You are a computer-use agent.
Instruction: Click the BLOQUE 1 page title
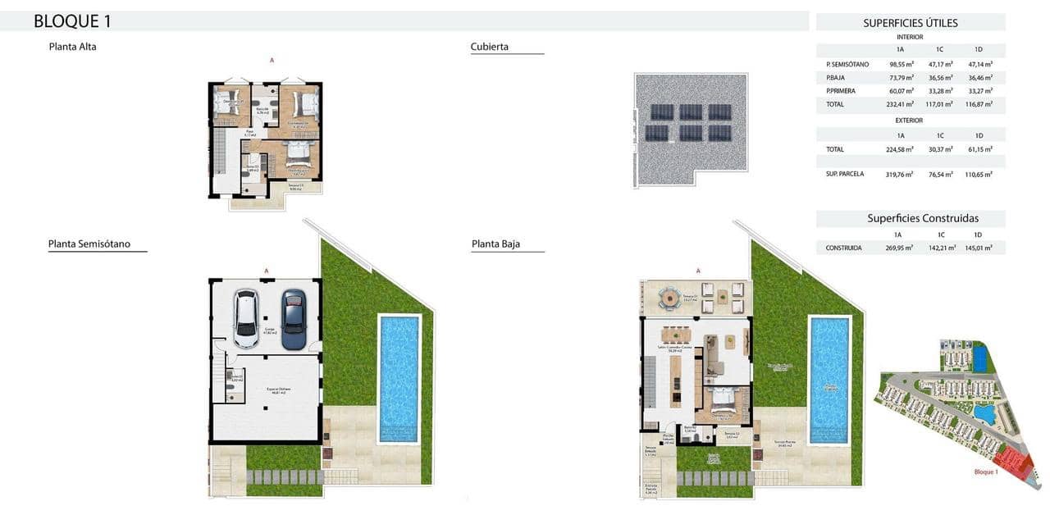point(72,21)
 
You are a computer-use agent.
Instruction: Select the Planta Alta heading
point(72,47)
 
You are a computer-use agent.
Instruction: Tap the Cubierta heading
point(490,47)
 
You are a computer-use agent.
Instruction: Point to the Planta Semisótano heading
point(89,244)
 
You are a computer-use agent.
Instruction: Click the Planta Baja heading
point(495,244)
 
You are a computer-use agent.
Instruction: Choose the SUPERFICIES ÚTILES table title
point(911,23)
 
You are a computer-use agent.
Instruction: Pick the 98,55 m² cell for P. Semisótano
point(902,64)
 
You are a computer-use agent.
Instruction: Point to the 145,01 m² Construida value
point(979,248)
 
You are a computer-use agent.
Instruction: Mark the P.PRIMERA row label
point(841,91)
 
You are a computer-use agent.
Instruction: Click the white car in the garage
point(246,318)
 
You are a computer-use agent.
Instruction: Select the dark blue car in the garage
point(294,318)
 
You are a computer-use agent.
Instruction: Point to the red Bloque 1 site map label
point(985,472)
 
